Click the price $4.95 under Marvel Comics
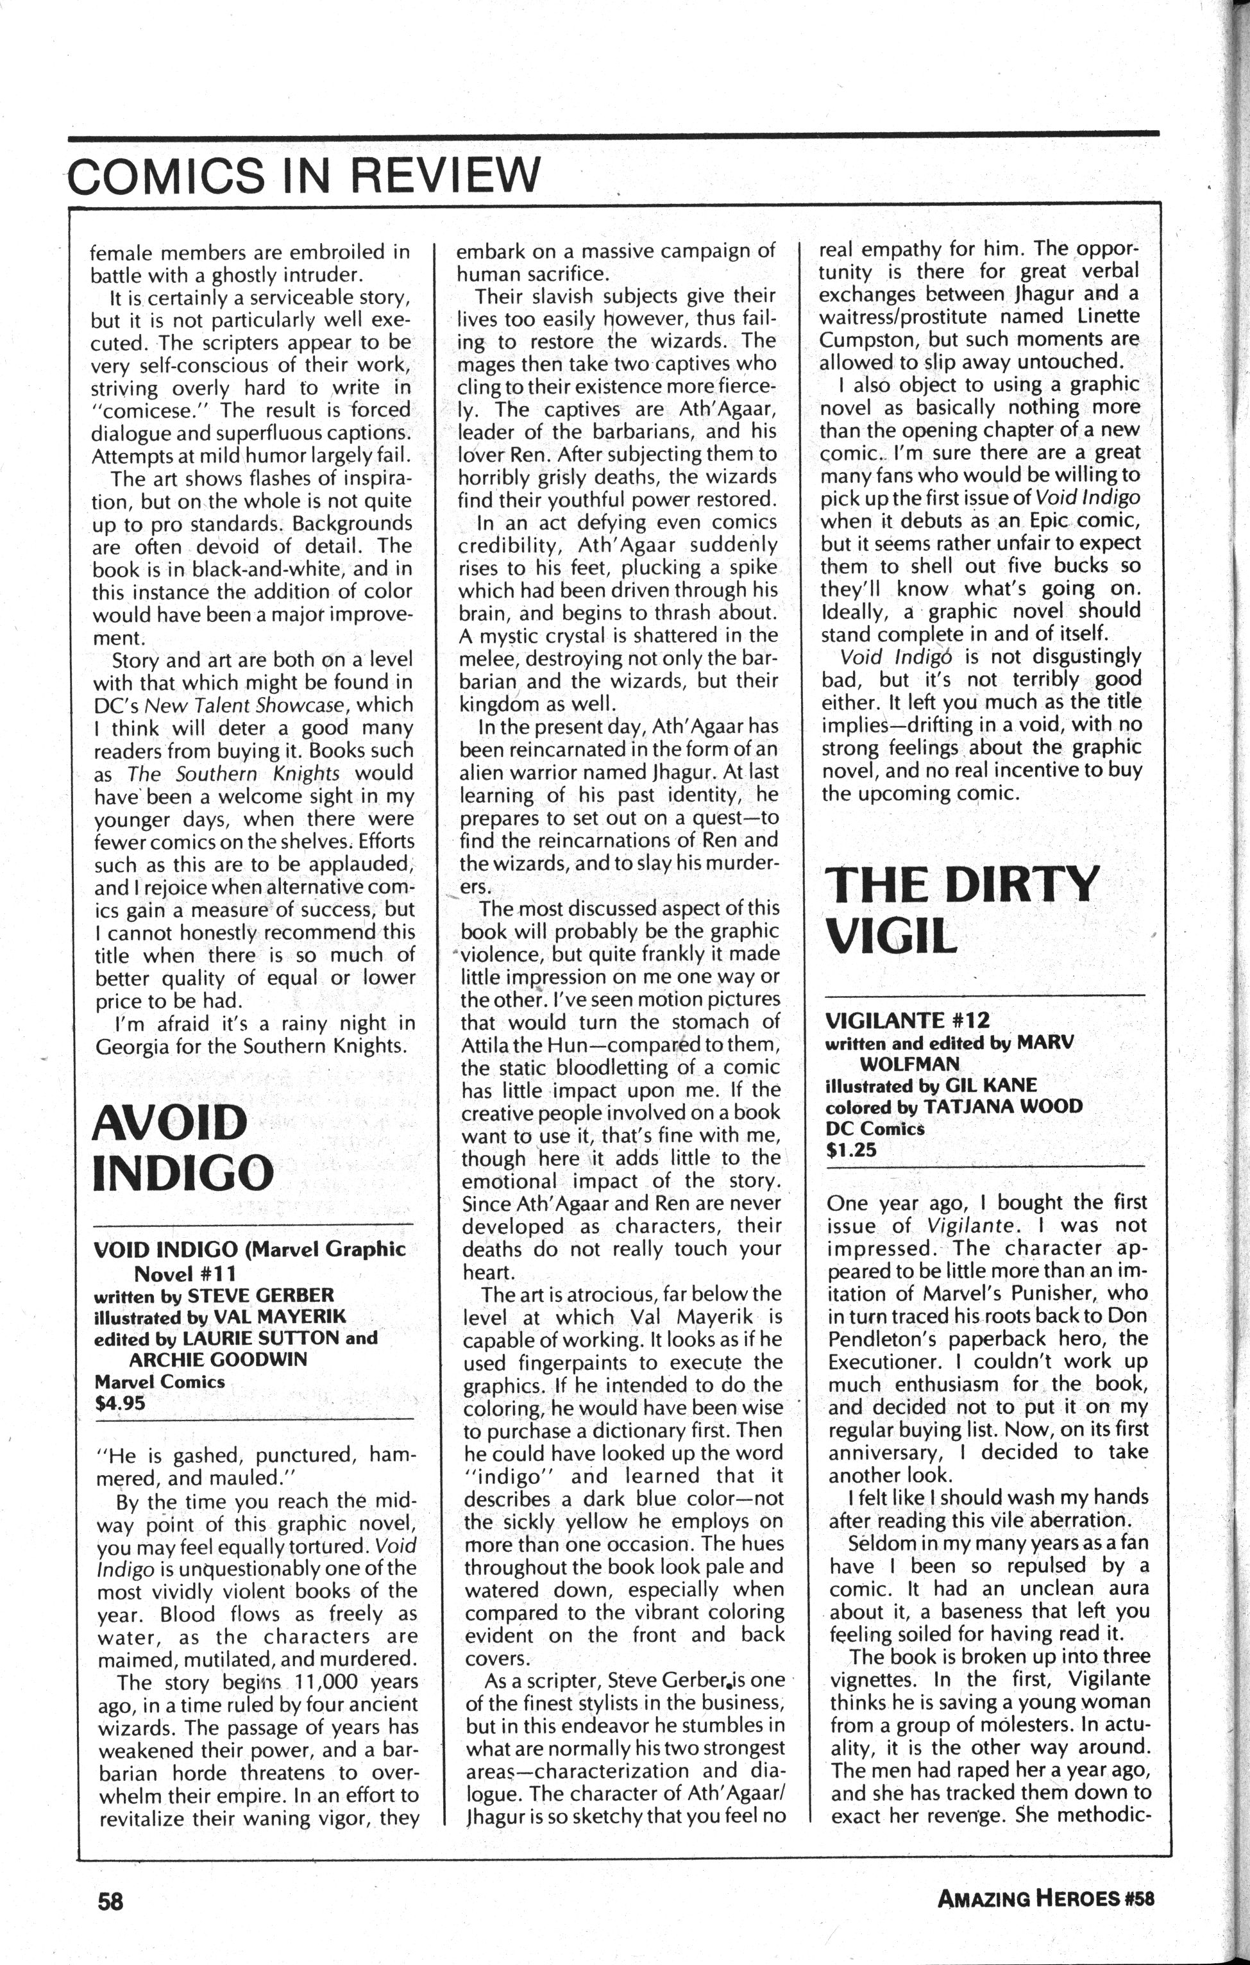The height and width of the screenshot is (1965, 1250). (x=120, y=1404)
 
